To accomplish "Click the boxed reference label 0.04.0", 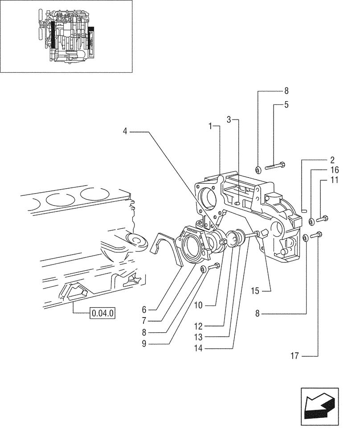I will tap(102, 314).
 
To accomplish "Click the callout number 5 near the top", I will tap(286, 105).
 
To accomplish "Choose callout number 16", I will tap(335, 170).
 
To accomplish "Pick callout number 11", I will tap(335, 180).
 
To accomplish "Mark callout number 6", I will tap(144, 309).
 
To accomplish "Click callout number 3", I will tap(229, 120).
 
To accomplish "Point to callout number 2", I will tap(332, 160).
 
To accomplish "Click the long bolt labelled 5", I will tap(275, 166).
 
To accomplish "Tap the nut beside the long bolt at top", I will tap(258, 169).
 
